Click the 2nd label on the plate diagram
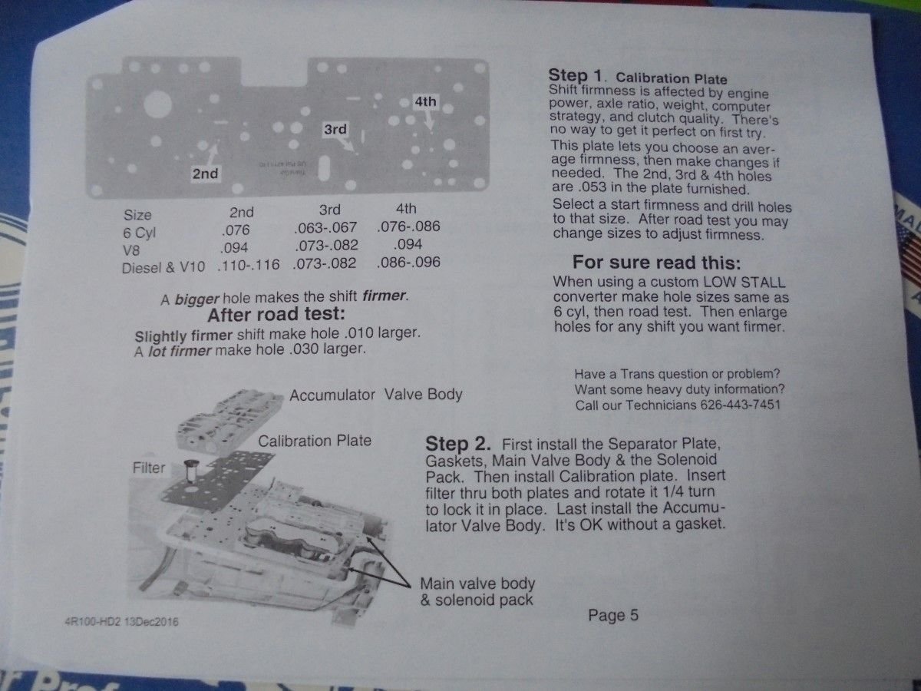click(x=205, y=174)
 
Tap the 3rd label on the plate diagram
click(x=335, y=129)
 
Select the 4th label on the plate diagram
click(x=425, y=101)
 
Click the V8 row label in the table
click(x=131, y=250)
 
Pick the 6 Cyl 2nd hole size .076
click(x=236, y=230)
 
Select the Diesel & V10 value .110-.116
click(x=249, y=265)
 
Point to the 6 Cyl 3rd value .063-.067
click(x=325, y=228)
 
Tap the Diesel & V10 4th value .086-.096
click(x=408, y=263)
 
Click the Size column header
click(x=137, y=215)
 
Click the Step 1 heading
click(x=575, y=75)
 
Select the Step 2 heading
click(x=457, y=444)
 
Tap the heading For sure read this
click(x=657, y=263)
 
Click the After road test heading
click(x=276, y=315)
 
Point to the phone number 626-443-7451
click(x=740, y=405)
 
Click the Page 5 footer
click(x=613, y=616)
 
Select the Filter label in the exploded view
click(x=149, y=468)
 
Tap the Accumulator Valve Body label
click(x=376, y=395)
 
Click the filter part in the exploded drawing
click(x=192, y=471)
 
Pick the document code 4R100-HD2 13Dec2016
click(x=122, y=621)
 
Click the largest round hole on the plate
click(x=158, y=104)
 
